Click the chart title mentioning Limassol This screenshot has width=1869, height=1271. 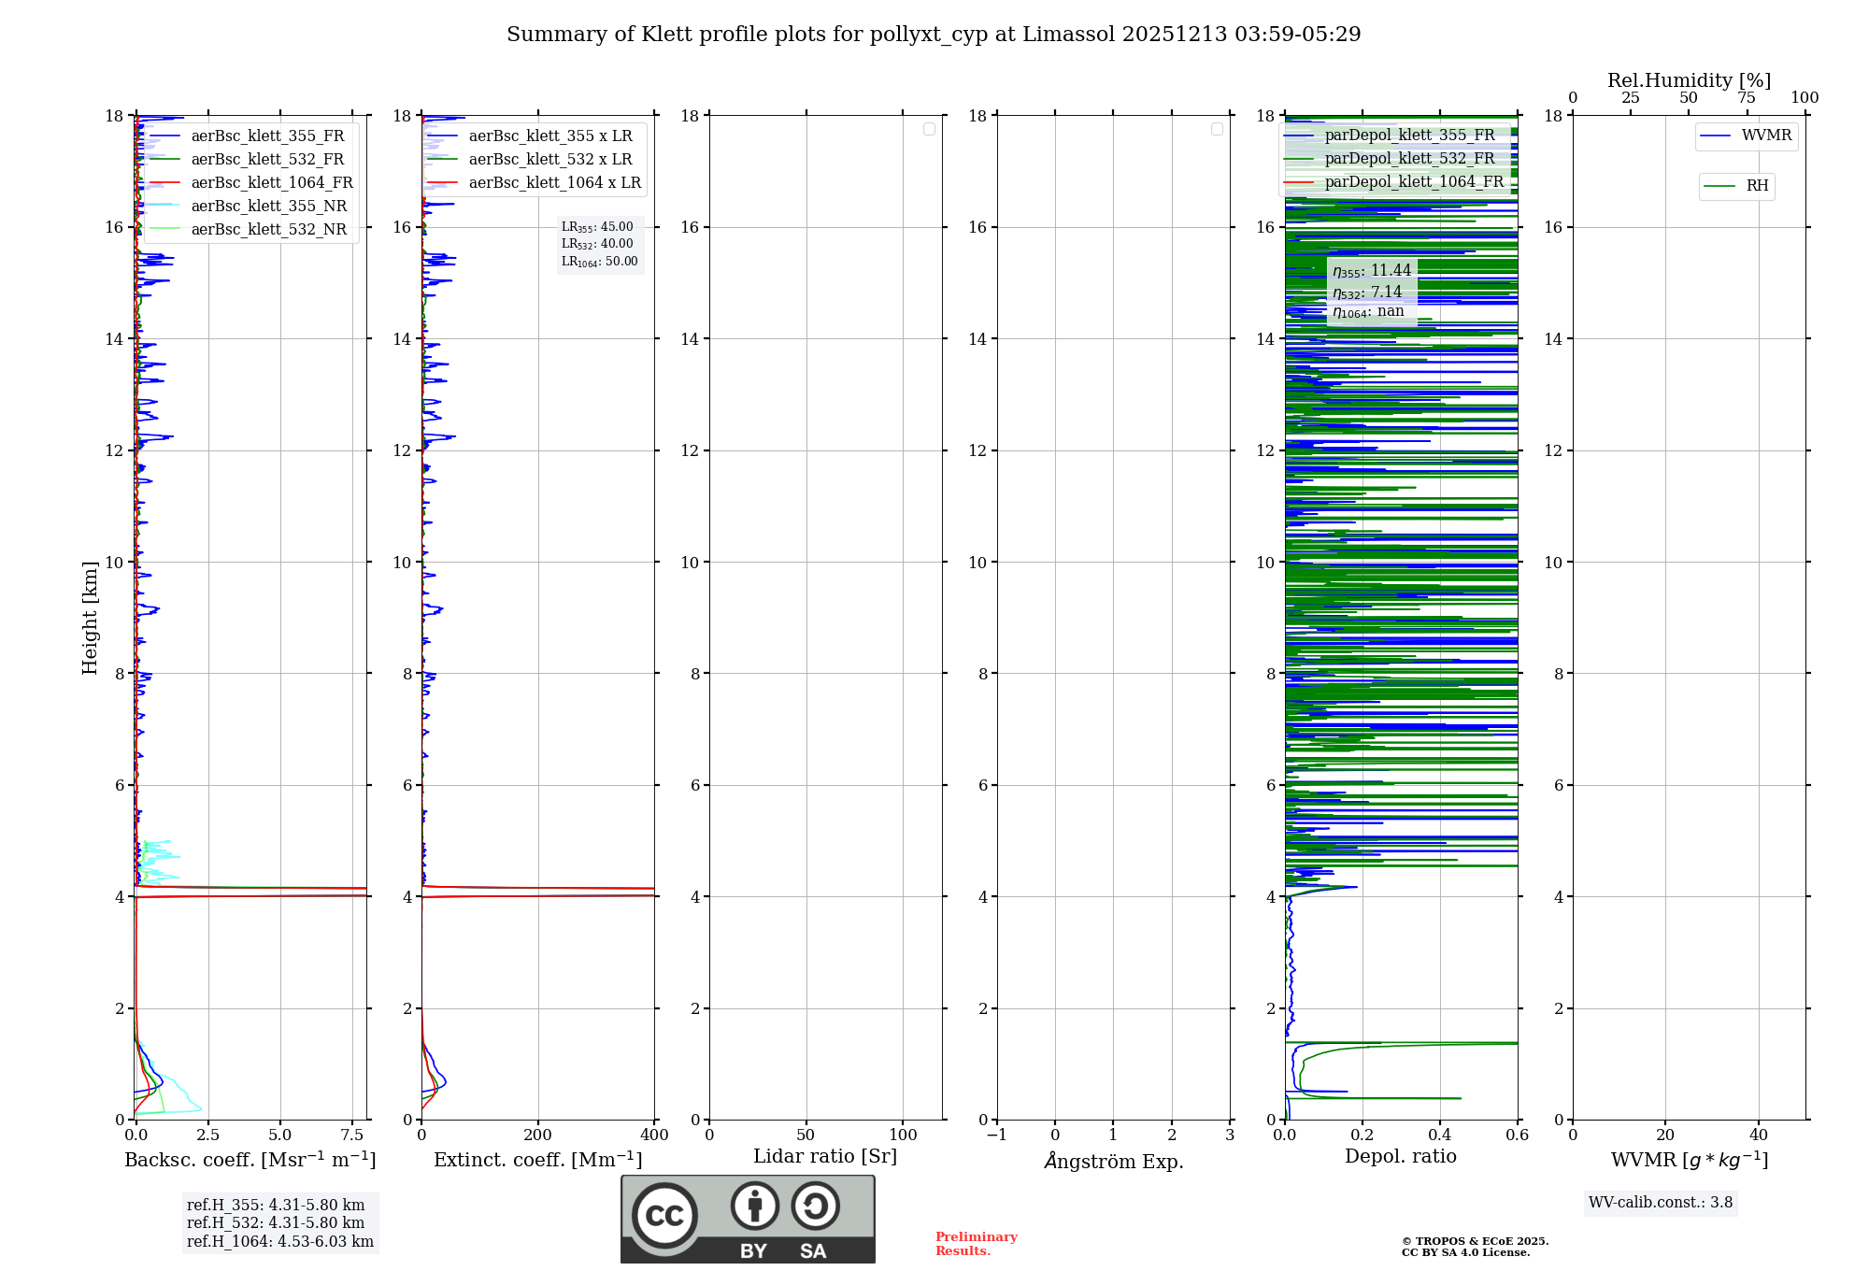(x=933, y=35)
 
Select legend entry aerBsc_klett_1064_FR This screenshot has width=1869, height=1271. (x=272, y=183)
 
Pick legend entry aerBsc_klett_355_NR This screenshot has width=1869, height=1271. (x=268, y=207)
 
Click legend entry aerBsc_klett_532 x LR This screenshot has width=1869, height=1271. (x=550, y=160)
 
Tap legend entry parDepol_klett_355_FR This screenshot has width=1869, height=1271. (x=1409, y=136)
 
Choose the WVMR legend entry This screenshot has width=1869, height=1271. (x=1765, y=136)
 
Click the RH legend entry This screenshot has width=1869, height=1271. (x=1757, y=186)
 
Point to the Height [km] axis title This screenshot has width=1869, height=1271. (x=90, y=618)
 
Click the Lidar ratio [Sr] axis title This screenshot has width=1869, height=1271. (x=825, y=1156)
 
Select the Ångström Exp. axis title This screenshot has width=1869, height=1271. (x=1113, y=1161)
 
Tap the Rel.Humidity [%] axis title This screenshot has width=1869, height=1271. (x=1689, y=80)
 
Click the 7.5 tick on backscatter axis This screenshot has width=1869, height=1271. (x=352, y=1135)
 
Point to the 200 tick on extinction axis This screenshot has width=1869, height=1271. (x=538, y=1135)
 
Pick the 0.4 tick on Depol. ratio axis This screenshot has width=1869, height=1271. (x=1440, y=1135)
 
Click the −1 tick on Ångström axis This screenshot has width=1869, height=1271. (x=997, y=1135)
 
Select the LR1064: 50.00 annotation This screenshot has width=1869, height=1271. (x=599, y=262)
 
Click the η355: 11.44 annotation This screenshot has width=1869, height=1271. (x=1372, y=271)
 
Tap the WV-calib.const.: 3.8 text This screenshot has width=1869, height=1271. (x=1661, y=1203)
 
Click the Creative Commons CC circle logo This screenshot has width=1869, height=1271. (x=664, y=1215)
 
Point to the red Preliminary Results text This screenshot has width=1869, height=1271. (x=976, y=1244)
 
